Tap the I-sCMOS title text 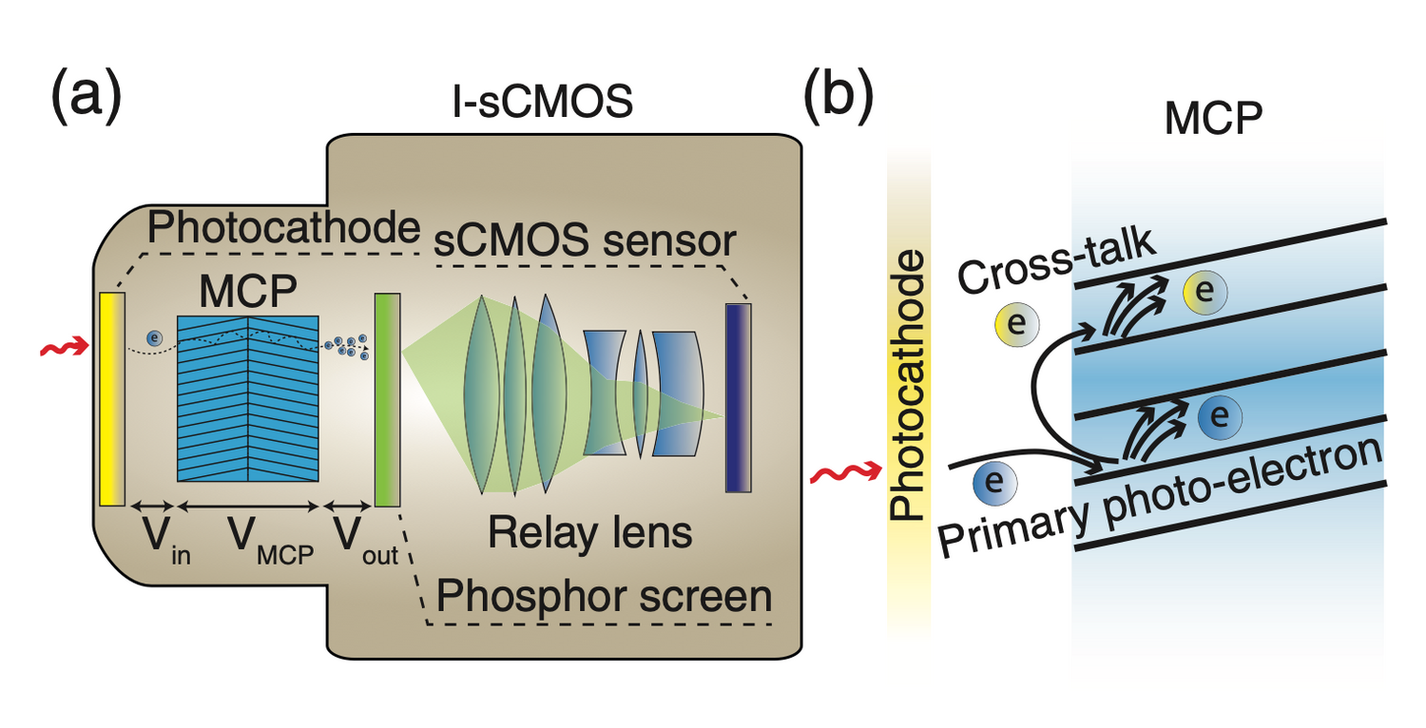(x=541, y=102)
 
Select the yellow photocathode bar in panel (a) (x=112, y=398)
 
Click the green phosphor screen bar (x=387, y=400)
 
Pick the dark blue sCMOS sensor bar (x=738, y=398)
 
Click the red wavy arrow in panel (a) (x=64, y=351)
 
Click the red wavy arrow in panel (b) (x=835, y=472)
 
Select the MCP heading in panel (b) (x=1212, y=122)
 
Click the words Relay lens (x=589, y=533)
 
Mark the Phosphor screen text (x=603, y=597)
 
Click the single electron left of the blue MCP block (x=154, y=337)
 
